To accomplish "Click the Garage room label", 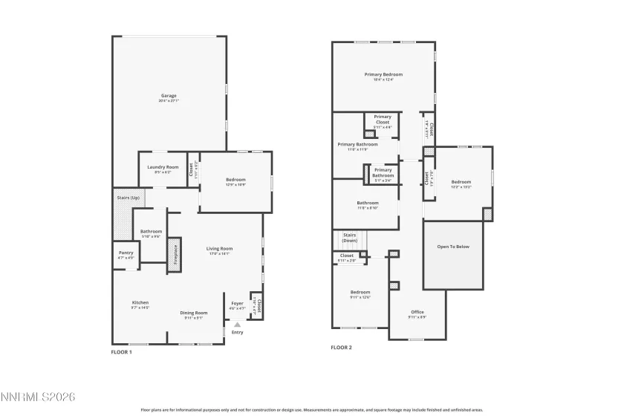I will [169, 97].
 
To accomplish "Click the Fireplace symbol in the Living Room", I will [175, 254].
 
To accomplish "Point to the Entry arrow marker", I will [237, 324].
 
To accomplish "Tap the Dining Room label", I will [193, 314].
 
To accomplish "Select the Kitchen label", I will [140, 304].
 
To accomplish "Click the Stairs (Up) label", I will [129, 198].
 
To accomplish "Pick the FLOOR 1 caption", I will [122, 351].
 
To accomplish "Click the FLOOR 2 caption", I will [341, 347].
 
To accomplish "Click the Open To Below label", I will [453, 247].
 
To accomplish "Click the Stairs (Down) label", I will [350, 238].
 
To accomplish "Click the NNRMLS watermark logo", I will [38, 398].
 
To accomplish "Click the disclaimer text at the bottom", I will [312, 409].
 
